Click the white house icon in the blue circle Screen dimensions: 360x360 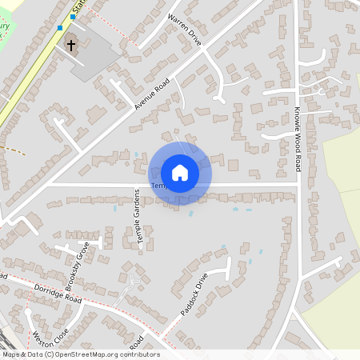180,172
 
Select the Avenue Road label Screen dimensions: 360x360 152,94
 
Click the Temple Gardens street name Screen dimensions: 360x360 139,218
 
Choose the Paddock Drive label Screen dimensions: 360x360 194,294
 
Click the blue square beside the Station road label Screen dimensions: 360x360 72,17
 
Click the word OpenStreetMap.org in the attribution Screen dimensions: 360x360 90,354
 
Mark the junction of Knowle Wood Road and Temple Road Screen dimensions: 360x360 297,186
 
